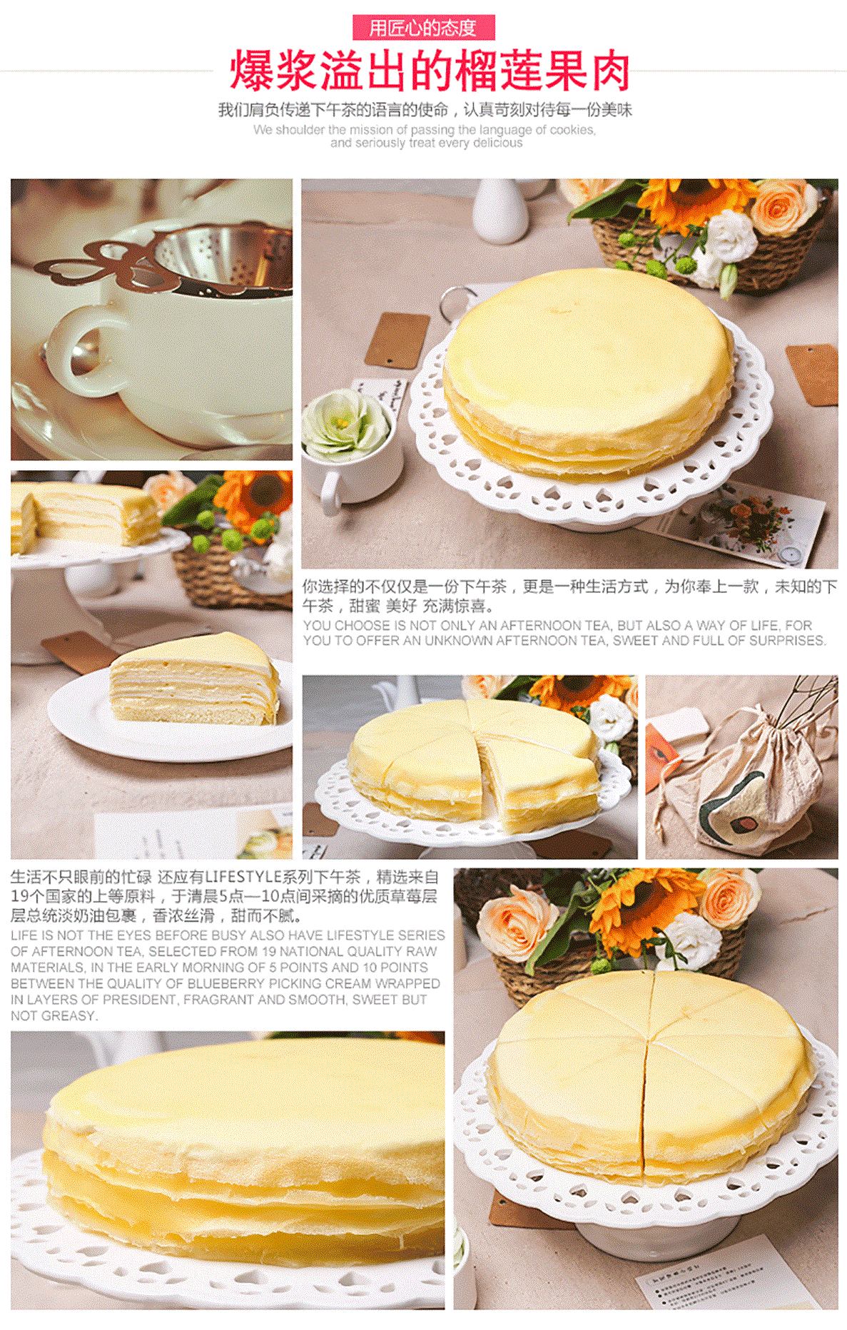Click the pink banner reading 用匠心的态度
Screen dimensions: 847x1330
pyautogui.click(x=423, y=28)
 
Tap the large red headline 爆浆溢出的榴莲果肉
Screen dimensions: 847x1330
pyautogui.click(x=430, y=71)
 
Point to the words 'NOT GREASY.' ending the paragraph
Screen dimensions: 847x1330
pyautogui.click(x=54, y=1015)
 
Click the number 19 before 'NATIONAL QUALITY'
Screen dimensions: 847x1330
pyautogui.click(x=270, y=951)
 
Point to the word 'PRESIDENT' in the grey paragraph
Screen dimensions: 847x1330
pyautogui.click(x=141, y=1000)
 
